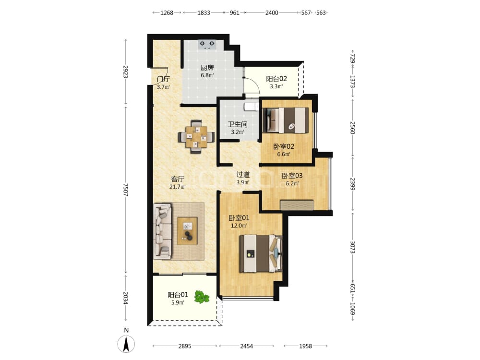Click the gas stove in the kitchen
(207, 45)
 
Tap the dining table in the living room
(196, 136)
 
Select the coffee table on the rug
(187, 230)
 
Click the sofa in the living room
(163, 231)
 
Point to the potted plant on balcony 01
(202, 297)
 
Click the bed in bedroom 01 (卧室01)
(261, 253)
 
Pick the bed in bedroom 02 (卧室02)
(286, 120)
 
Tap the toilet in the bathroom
(252, 107)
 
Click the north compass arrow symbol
(126, 344)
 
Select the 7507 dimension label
(125, 190)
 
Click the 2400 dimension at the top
(272, 12)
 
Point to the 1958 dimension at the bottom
(305, 346)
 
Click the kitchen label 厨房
(207, 68)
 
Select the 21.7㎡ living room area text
(178, 187)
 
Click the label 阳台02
(276, 79)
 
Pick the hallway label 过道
(243, 175)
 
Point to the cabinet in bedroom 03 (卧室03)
(297, 205)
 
